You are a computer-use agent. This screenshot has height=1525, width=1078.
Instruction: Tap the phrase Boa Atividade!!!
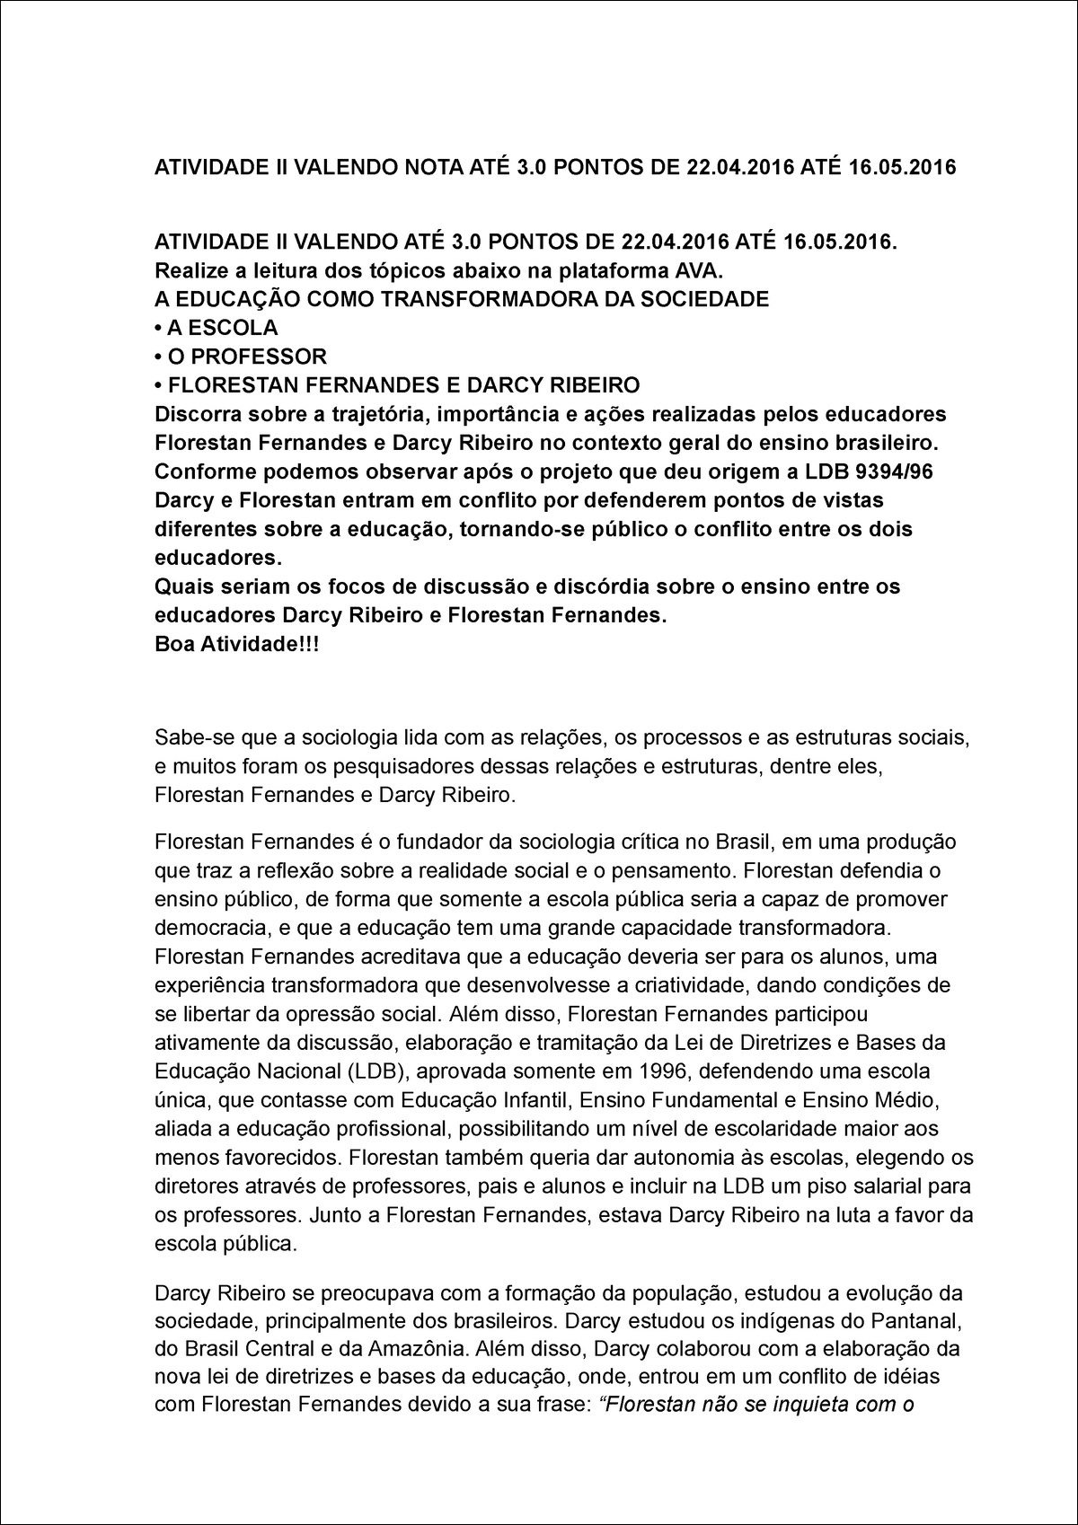click(237, 645)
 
